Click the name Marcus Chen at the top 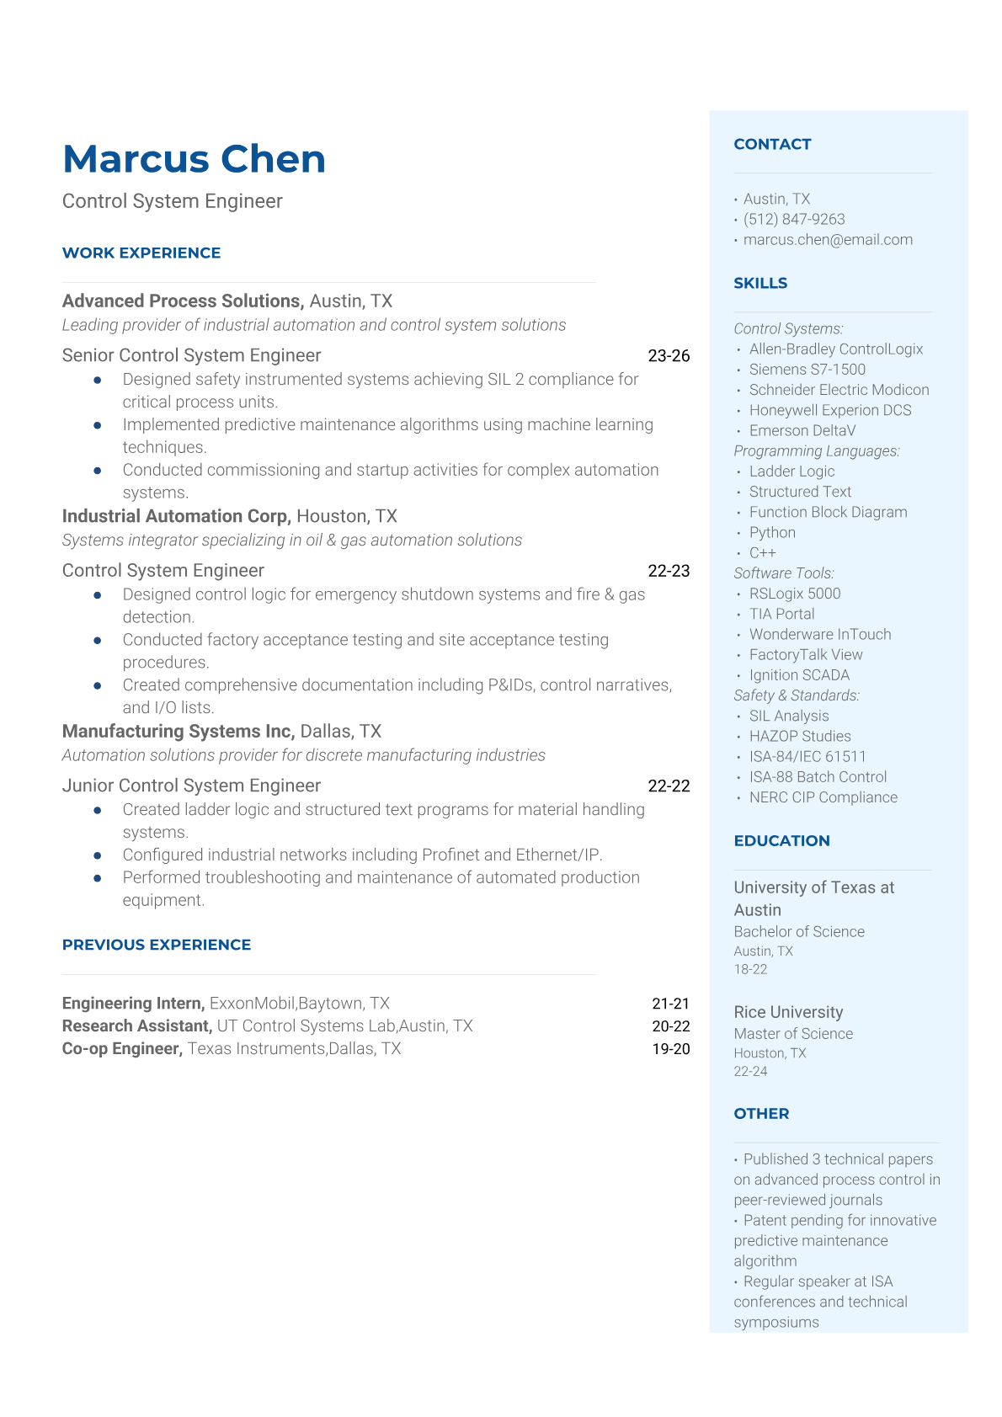(x=194, y=159)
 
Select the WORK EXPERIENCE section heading (x=141, y=253)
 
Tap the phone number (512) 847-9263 (x=794, y=219)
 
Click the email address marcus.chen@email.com (x=828, y=239)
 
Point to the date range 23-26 (x=669, y=355)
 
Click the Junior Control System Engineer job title (x=191, y=786)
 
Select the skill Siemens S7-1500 (x=807, y=369)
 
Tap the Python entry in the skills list (x=772, y=532)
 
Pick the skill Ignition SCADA (x=799, y=674)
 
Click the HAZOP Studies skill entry (x=800, y=736)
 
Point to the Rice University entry (x=788, y=1012)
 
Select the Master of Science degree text (x=793, y=1033)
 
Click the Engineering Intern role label (x=133, y=1003)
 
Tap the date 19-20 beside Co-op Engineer (x=670, y=1048)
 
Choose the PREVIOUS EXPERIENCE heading (x=157, y=945)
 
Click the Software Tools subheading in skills (x=784, y=573)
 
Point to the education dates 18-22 (x=750, y=969)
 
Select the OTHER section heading (x=761, y=1113)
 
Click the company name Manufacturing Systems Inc (x=178, y=731)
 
